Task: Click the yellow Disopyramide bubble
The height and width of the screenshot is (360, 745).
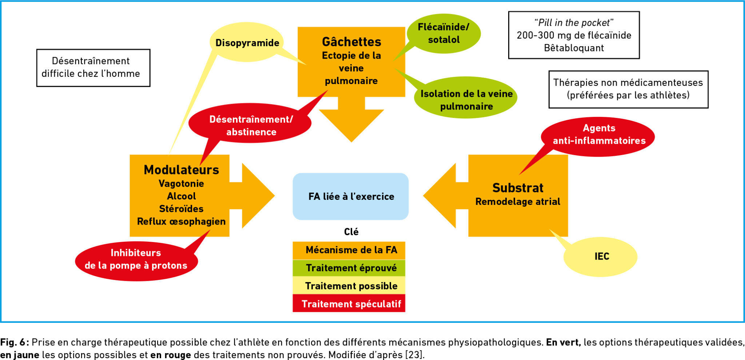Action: tap(247, 43)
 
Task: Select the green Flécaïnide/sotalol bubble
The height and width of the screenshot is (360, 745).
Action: tap(443, 33)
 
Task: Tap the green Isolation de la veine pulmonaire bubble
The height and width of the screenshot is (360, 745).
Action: tap(466, 100)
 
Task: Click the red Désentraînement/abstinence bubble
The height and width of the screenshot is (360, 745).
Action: tap(251, 125)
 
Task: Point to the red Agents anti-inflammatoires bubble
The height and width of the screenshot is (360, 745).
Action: tap(599, 134)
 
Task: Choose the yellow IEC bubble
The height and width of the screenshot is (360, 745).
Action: tap(601, 256)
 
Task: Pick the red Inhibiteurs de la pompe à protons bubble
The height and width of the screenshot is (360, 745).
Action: tap(136, 259)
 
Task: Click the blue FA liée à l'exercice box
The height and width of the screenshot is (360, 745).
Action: tap(351, 197)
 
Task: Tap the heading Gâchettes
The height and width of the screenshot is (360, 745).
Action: tap(351, 42)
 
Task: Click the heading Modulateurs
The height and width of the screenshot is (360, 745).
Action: tap(181, 170)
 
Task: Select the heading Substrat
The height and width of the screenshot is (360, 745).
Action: tap(518, 188)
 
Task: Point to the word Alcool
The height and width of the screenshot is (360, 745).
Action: tap(181, 196)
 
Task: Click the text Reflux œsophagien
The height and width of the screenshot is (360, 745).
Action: tap(181, 221)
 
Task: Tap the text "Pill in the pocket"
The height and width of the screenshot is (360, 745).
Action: tap(574, 23)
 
